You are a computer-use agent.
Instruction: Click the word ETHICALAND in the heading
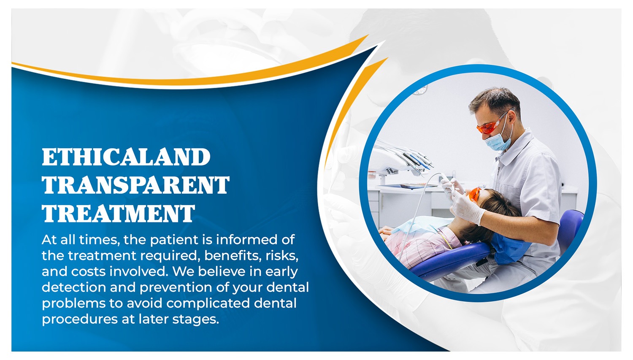point(126,157)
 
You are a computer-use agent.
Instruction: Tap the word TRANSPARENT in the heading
point(135,185)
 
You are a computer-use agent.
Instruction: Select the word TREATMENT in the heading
point(119,213)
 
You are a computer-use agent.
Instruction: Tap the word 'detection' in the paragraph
point(74,287)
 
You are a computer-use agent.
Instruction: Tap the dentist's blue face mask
point(498,141)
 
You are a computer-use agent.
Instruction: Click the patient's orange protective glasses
point(474,195)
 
